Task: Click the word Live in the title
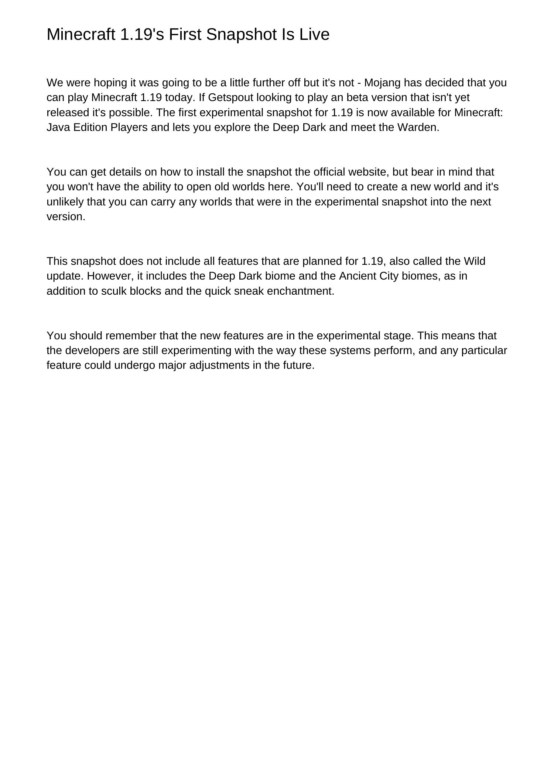pyautogui.click(x=314, y=35)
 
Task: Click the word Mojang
pyautogui.click(x=382, y=83)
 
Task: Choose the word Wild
pyautogui.click(x=474, y=261)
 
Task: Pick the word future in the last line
pyautogui.click(x=300, y=365)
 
